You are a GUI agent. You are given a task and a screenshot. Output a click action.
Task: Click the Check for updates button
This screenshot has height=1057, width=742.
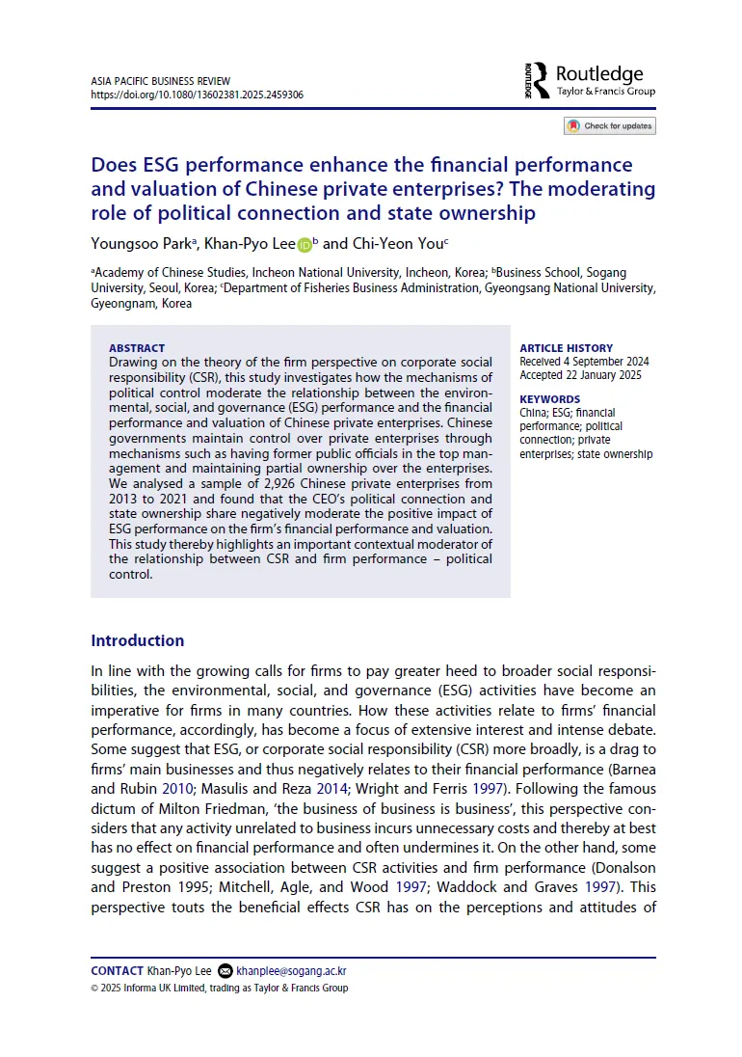(x=609, y=125)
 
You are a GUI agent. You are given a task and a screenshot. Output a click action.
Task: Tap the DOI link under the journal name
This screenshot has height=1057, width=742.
(x=197, y=95)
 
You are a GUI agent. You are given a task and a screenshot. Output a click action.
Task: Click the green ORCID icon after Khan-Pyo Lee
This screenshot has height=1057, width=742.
(x=305, y=246)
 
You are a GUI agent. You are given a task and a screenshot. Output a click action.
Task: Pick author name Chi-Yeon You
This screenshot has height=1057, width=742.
(x=398, y=245)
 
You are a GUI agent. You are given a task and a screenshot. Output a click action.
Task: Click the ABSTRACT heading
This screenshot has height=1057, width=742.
(x=137, y=348)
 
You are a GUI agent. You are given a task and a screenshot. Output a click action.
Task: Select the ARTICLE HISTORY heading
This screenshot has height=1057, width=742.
(x=566, y=348)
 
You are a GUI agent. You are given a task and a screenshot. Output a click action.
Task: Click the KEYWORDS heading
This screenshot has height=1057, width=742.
(x=549, y=399)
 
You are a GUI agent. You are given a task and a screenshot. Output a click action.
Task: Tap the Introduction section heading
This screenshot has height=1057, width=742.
(x=137, y=640)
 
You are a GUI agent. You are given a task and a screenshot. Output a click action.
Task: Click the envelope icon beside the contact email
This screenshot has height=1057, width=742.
(x=225, y=971)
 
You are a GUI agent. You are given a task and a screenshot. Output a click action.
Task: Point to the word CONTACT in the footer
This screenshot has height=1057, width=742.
(x=117, y=970)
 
